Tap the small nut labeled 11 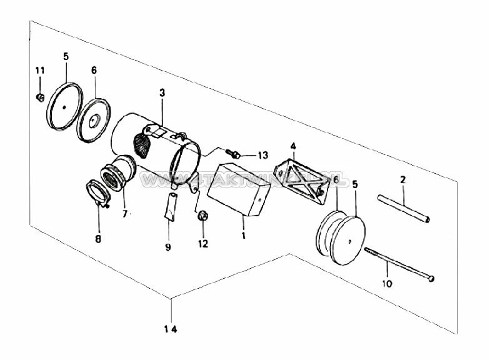(39, 97)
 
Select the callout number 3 (162, 92)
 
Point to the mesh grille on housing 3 (144, 147)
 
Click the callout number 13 (261, 155)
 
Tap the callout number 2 (403, 180)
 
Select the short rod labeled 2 (403, 208)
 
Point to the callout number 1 (244, 236)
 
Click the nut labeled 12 (202, 216)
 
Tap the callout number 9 (168, 247)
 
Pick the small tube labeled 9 (171, 206)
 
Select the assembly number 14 (171, 329)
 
